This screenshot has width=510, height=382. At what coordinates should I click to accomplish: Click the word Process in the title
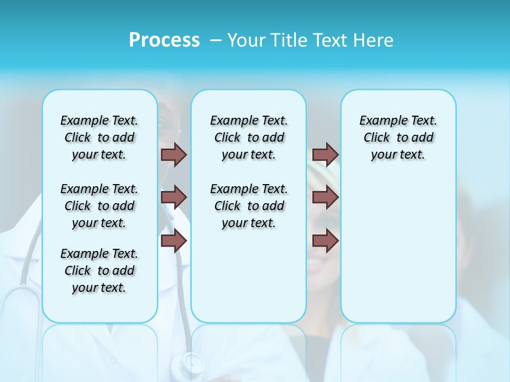coord(164,40)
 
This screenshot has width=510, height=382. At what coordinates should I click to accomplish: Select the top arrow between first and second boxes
coord(174,154)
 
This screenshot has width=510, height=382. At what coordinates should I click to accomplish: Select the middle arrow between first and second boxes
coord(174,197)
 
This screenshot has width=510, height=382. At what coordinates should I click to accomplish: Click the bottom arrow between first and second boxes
coord(174,241)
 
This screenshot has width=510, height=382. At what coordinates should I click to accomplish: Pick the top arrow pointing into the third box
coord(325,154)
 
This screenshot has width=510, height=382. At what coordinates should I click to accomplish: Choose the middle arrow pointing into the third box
coord(325,197)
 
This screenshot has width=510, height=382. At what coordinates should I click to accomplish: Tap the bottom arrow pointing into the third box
coord(325,241)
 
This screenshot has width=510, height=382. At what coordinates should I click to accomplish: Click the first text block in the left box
coord(99,137)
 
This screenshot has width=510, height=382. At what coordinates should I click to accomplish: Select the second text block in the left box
coord(99,206)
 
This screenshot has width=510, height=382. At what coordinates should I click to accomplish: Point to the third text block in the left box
coord(99,271)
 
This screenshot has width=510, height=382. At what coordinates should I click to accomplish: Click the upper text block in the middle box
coord(249,137)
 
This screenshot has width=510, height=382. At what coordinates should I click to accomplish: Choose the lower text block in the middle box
coord(249,206)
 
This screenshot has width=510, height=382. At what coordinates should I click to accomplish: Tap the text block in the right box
coord(398,137)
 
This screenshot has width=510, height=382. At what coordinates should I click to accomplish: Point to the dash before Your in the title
coord(216,40)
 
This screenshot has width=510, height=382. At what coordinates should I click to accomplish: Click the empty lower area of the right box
coord(398,255)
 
